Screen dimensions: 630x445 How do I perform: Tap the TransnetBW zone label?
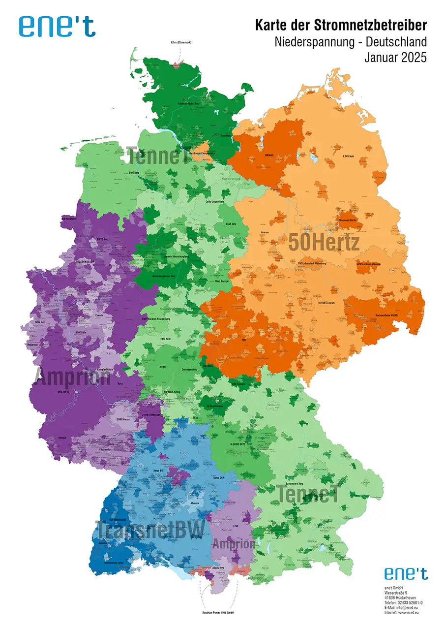click(x=149, y=530)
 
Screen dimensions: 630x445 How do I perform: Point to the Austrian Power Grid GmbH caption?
click(x=219, y=613)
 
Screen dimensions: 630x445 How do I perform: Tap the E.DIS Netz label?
click(x=348, y=142)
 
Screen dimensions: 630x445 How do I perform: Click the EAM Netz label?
click(x=166, y=339)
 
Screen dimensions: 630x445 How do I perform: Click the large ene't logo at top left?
click(x=58, y=26)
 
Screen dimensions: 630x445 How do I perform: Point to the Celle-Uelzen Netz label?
click(x=215, y=202)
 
